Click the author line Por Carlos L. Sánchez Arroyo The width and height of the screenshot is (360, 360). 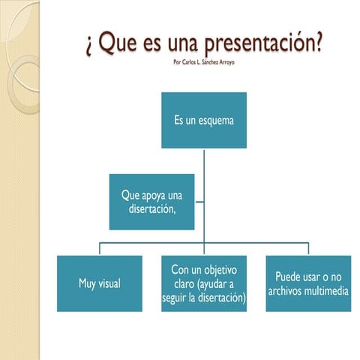203,62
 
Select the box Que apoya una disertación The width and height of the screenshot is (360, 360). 152,202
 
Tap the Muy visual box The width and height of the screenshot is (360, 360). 100,283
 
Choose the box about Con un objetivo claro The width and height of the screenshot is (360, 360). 204,283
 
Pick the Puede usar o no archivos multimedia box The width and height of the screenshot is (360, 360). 308,283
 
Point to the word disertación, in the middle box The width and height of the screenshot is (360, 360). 152,209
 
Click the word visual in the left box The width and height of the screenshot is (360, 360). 109,284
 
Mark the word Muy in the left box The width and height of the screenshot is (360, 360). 87,284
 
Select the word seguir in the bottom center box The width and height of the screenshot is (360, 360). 175,298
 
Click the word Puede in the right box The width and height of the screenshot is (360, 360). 288,276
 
